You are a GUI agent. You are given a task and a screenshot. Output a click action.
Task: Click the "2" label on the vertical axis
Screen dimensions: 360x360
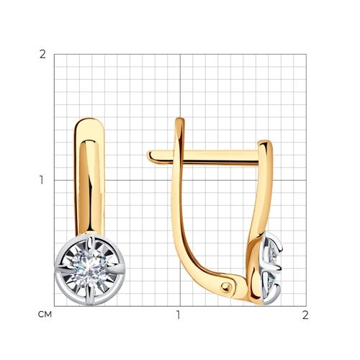(42, 55)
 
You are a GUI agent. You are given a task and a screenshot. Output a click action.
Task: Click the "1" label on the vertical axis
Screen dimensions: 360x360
(42, 180)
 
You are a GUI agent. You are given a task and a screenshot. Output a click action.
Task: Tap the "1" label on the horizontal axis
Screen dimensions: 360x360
(178, 315)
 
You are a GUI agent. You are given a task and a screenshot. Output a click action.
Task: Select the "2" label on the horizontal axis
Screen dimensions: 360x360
(305, 315)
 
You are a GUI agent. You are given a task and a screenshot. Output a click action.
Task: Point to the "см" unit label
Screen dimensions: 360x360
(45, 315)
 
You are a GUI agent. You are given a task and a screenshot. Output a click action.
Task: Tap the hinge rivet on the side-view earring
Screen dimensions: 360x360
(225, 287)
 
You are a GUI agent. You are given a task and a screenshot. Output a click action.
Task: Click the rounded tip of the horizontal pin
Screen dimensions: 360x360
(149, 156)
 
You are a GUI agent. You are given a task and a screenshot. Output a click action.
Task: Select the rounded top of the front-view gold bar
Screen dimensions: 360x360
(89, 122)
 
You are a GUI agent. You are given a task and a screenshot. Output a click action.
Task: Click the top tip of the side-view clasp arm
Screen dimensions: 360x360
(180, 119)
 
